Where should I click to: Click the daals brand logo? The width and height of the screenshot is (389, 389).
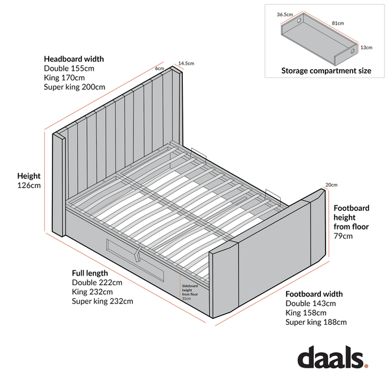click(x=333, y=357)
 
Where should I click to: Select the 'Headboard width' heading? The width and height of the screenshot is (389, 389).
click(x=74, y=59)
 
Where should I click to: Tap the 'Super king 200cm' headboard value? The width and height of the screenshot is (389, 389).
click(x=75, y=87)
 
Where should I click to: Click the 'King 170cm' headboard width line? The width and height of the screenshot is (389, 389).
click(x=64, y=78)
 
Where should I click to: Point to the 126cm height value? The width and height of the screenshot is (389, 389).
click(x=29, y=185)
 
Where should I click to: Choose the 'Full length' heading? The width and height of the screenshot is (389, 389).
click(x=90, y=273)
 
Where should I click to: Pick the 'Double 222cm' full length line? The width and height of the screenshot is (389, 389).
click(x=97, y=283)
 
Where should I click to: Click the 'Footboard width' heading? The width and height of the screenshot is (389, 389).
click(x=314, y=294)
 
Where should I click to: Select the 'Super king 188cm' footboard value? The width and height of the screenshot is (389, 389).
click(x=316, y=322)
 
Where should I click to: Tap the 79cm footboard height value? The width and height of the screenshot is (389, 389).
click(x=343, y=236)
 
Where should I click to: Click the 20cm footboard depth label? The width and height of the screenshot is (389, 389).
click(x=331, y=185)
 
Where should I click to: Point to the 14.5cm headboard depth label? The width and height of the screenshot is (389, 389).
click(x=186, y=64)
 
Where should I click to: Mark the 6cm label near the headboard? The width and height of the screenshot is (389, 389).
click(x=159, y=69)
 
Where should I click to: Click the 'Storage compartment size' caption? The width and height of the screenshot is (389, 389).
click(x=326, y=71)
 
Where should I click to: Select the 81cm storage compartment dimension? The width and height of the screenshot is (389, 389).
click(x=338, y=23)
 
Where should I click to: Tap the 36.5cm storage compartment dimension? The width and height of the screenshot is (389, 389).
click(x=285, y=14)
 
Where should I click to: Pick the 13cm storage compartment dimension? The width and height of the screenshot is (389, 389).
click(x=366, y=47)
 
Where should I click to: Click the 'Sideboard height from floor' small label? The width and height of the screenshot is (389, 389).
click(x=190, y=292)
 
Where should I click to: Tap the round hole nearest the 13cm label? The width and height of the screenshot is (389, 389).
click(x=353, y=52)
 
